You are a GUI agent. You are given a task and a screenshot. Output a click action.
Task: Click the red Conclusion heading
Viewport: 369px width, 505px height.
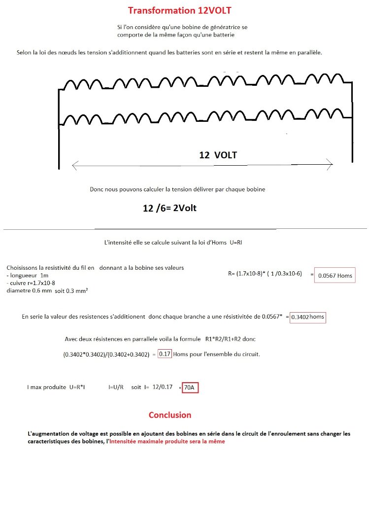tap(170, 415)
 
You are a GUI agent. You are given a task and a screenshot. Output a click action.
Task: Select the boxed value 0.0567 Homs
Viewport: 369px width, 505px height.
tap(335, 275)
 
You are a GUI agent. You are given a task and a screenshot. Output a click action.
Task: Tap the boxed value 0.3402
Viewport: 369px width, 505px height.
tap(300, 317)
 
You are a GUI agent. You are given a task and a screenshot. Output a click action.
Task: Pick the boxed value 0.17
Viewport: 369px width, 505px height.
tap(165, 354)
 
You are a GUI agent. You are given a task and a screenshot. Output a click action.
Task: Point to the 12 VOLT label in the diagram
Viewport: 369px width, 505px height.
tap(218, 155)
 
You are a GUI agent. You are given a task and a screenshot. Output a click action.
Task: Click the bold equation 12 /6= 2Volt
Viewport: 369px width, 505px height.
tap(169, 208)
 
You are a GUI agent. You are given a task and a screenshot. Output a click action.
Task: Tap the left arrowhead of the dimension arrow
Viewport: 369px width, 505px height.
tap(74, 165)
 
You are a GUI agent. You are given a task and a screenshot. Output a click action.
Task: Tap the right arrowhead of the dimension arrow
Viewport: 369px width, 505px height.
tap(330, 164)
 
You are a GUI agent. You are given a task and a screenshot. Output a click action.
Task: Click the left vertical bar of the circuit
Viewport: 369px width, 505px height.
tap(59, 128)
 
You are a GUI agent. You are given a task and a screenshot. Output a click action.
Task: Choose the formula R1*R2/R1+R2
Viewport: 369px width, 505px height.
tap(229, 339)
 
